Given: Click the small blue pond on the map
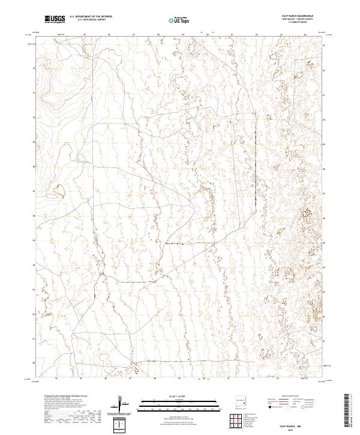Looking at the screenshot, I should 79,161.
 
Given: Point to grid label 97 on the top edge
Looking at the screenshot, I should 130,34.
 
